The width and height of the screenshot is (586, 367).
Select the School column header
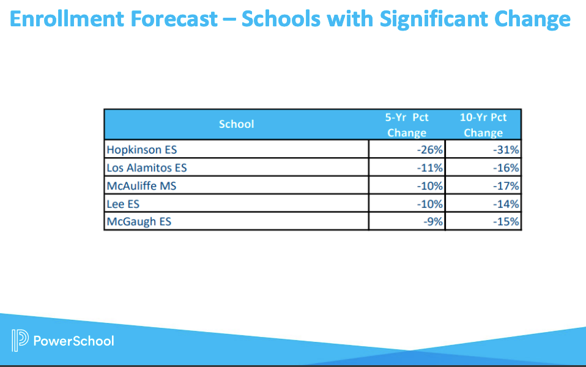236,124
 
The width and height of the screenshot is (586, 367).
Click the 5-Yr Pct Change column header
407,125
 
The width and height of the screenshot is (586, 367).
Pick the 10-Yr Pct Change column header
483,125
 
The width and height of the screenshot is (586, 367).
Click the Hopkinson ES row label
141,149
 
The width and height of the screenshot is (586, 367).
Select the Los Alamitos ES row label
146,168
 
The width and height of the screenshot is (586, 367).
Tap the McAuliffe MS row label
141,185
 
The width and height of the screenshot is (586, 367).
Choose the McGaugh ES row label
139,221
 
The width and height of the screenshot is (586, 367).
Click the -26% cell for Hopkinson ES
430,149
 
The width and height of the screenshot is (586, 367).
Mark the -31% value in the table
506,149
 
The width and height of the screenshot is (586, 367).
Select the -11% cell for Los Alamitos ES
430,168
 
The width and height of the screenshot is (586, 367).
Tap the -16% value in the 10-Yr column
506,168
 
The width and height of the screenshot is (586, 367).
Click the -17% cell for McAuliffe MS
506,185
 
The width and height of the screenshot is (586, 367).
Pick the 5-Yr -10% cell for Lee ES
430,204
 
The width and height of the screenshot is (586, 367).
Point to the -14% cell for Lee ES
506,204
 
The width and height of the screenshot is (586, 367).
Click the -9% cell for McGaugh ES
433,221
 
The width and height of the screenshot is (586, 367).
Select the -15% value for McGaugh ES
506,221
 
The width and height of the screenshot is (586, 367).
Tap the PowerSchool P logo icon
20,340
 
